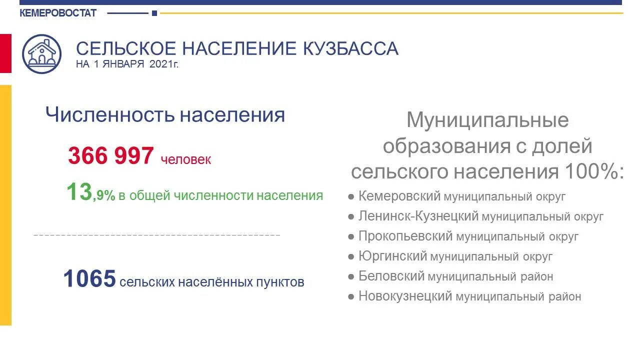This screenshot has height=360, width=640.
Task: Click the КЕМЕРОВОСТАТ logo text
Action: [x=58, y=13]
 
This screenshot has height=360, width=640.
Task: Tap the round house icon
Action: [x=42, y=53]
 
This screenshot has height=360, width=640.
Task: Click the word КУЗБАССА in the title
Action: [x=350, y=48]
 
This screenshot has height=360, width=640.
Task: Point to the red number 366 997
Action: [x=110, y=155]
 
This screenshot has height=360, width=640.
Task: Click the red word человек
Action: [x=186, y=159]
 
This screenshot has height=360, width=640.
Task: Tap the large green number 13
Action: [x=79, y=192]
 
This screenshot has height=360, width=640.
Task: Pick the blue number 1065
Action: [x=89, y=278]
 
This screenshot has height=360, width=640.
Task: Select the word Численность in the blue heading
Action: [x=110, y=114]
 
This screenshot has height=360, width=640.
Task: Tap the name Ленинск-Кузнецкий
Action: [x=418, y=216]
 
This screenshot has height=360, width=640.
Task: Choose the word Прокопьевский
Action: [x=405, y=236]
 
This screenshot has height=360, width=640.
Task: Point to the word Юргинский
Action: [x=392, y=256]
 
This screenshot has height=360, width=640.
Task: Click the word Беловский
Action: [x=391, y=276]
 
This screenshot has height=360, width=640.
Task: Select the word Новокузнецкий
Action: [x=405, y=296]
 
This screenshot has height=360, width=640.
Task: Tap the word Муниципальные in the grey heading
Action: [x=487, y=120]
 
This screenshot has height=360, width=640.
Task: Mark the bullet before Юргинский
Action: [x=351, y=257]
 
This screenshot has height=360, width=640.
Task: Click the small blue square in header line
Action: [x=154, y=13]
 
